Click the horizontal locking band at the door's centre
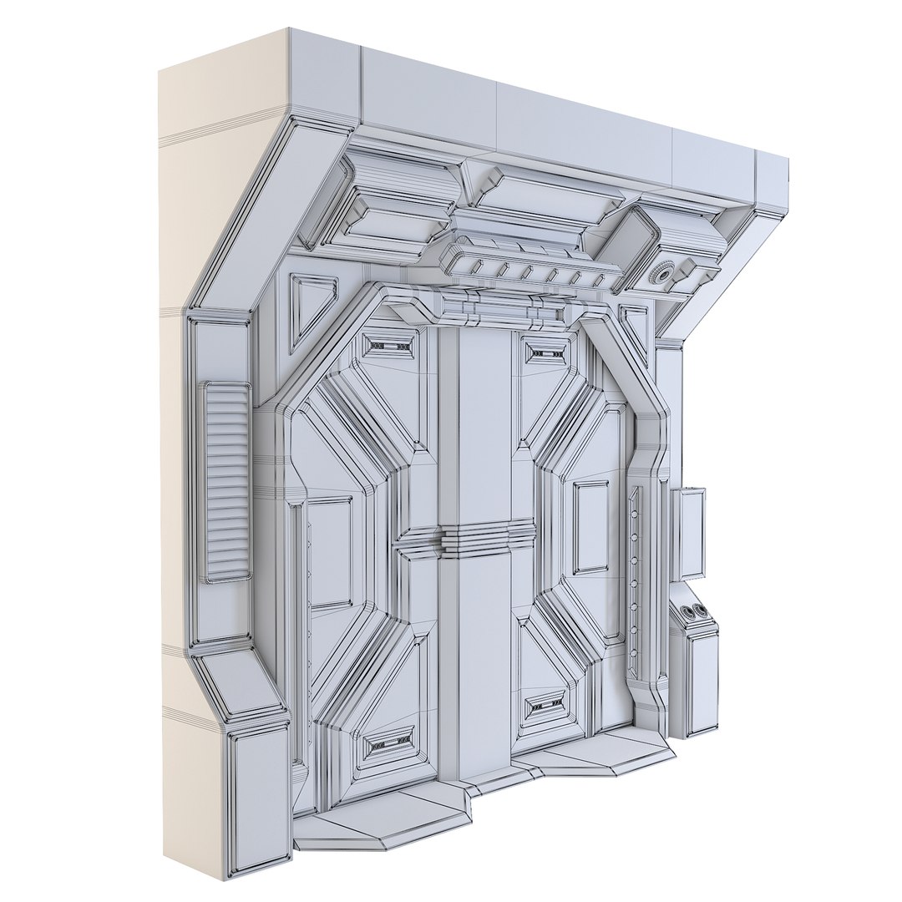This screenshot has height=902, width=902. (486, 537)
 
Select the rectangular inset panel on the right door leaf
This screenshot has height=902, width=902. (591, 526)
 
